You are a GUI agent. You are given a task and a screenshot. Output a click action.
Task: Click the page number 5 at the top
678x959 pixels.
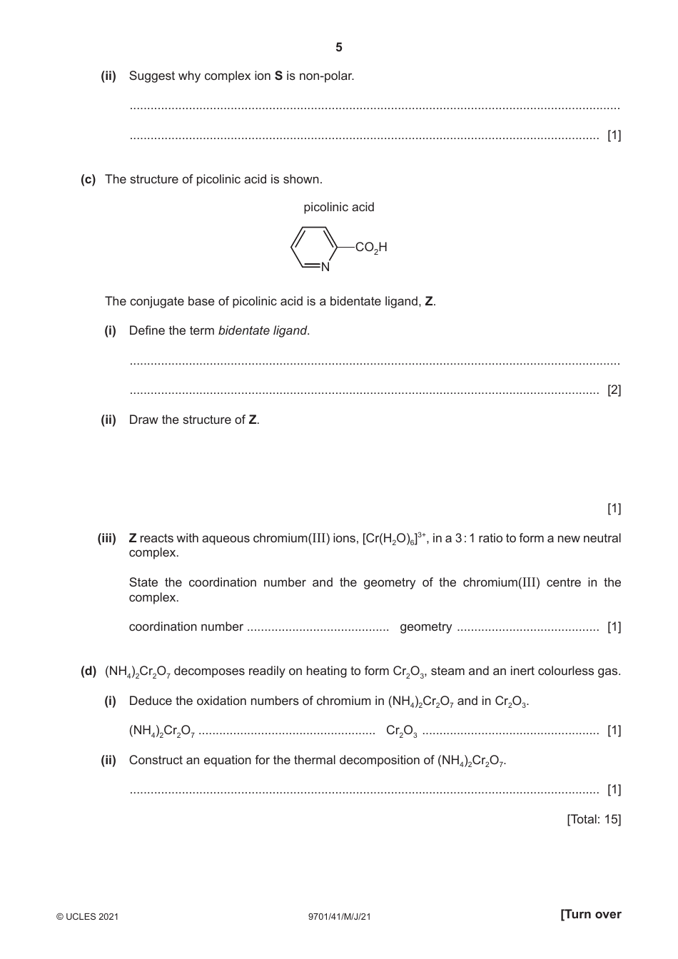pyautogui.click(x=338, y=48)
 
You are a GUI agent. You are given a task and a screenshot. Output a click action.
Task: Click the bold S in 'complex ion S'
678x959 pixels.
pyautogui.click(x=279, y=76)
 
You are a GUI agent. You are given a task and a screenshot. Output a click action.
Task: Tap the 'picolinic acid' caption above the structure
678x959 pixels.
pyautogui.click(x=338, y=207)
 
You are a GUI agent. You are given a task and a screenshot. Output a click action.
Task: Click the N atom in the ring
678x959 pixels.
pyautogui.click(x=325, y=268)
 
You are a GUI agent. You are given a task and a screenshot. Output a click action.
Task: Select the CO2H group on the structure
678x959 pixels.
pyautogui.click(x=371, y=248)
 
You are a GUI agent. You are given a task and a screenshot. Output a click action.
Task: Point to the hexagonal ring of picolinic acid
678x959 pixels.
pyautogui.click(x=313, y=248)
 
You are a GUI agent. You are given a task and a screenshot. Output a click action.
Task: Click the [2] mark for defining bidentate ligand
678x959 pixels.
pyautogui.click(x=614, y=390)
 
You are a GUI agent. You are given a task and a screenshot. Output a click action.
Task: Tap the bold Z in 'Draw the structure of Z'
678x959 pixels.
pyautogui.click(x=252, y=420)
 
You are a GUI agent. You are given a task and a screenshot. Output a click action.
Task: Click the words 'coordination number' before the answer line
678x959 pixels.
pyautogui.click(x=186, y=626)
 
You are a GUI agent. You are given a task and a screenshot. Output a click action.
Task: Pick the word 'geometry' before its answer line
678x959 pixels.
pyautogui.click(x=425, y=626)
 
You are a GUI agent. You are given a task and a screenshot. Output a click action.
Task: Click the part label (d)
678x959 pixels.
pyautogui.click(x=88, y=671)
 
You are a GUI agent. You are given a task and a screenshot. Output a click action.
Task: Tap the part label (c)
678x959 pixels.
pyautogui.click(x=88, y=179)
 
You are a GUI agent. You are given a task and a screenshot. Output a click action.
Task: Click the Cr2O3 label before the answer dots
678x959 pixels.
pyautogui.click(x=401, y=731)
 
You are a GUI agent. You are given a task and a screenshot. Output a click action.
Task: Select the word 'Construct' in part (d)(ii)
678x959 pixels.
pyautogui.click(x=154, y=760)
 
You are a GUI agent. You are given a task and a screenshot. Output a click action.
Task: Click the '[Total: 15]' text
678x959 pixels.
pyautogui.click(x=594, y=819)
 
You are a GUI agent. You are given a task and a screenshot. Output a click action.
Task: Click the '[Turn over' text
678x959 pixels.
pyautogui.click(x=591, y=915)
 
